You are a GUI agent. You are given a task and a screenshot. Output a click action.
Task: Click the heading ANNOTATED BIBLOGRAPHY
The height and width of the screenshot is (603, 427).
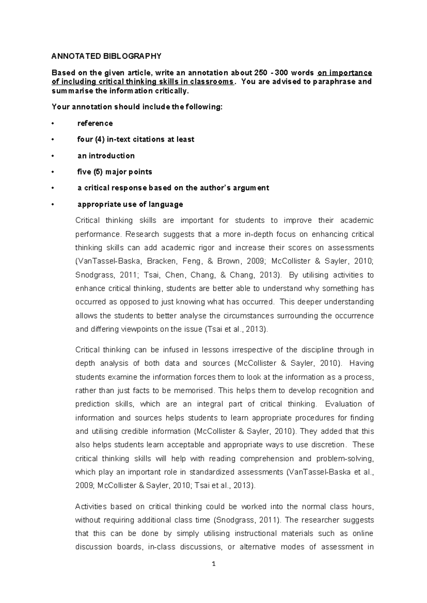(x=106, y=56)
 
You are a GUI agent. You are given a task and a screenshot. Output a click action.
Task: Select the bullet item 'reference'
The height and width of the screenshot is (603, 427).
(x=95, y=123)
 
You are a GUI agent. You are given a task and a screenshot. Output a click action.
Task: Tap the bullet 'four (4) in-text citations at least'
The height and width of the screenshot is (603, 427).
(x=136, y=139)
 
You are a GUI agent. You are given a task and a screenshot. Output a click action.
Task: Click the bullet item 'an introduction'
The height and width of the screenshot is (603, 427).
(x=106, y=156)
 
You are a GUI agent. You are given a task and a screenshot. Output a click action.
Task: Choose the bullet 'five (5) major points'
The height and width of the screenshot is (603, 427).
(x=115, y=172)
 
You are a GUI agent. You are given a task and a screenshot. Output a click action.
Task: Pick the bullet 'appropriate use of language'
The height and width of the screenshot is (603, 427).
(x=130, y=204)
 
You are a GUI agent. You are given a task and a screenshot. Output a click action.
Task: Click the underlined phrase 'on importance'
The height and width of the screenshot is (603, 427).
(x=344, y=73)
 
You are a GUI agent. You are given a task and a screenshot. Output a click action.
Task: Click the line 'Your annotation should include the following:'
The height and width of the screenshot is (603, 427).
(x=137, y=107)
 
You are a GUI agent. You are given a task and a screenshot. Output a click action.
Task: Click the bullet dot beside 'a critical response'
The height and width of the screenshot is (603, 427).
(x=52, y=188)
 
